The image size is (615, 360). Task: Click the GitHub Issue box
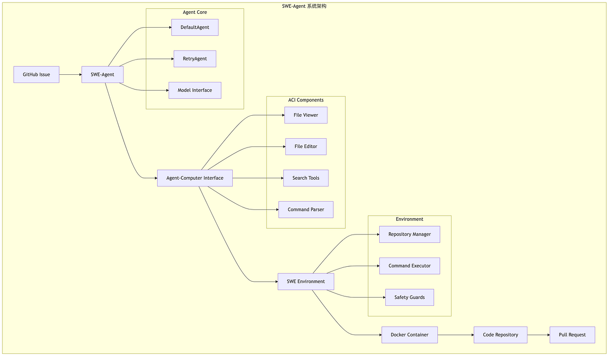tap(36, 74)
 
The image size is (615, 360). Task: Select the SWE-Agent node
tap(102, 74)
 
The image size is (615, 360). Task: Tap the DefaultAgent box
tap(195, 27)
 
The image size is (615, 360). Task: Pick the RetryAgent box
tap(195, 59)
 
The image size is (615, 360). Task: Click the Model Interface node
tap(195, 90)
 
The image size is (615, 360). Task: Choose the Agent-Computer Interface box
tap(195, 178)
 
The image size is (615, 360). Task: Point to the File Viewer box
tap(306, 115)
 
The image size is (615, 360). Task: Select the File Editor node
tap(306, 146)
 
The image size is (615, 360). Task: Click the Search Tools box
tap(306, 178)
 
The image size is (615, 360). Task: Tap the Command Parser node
tap(306, 209)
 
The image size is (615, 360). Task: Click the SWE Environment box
tap(306, 282)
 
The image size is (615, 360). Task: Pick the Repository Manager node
tap(409, 234)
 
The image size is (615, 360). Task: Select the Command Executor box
tap(409, 266)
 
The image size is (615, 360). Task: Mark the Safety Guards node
tap(409, 297)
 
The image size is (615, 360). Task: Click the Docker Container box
tap(409, 335)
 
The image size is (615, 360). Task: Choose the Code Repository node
tap(500, 335)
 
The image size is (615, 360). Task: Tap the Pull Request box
tap(572, 335)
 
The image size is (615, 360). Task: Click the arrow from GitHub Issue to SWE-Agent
tap(71, 74)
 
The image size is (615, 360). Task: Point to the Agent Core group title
tap(195, 12)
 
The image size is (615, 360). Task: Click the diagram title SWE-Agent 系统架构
tap(304, 6)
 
